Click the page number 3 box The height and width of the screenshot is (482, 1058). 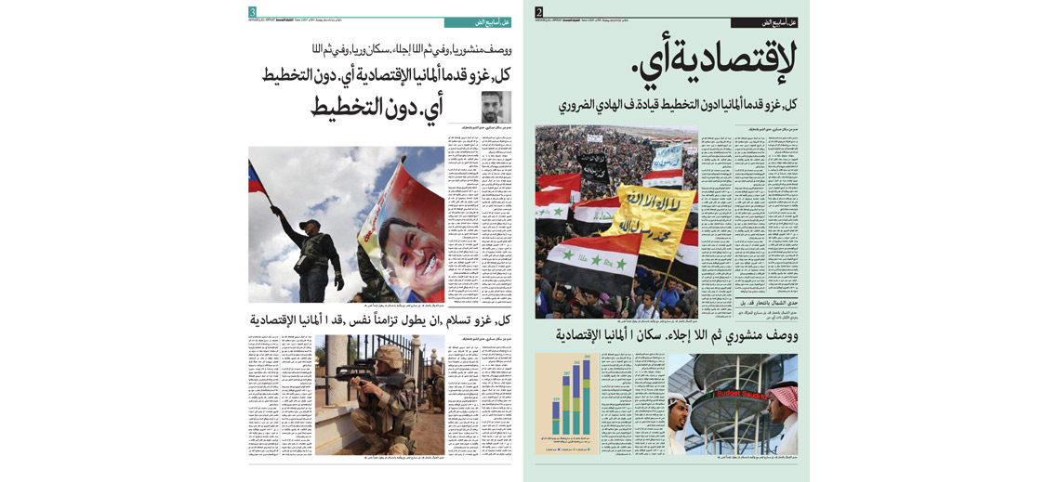click(x=252, y=12)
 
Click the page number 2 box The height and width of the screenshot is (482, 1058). click(x=538, y=12)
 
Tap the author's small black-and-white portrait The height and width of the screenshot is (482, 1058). click(x=496, y=106)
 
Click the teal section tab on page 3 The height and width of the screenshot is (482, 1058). click(x=477, y=22)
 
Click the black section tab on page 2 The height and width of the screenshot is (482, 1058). click(x=763, y=22)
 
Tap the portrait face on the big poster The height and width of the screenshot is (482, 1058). click(x=415, y=251)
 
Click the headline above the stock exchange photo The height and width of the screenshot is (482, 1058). click(x=676, y=334)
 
